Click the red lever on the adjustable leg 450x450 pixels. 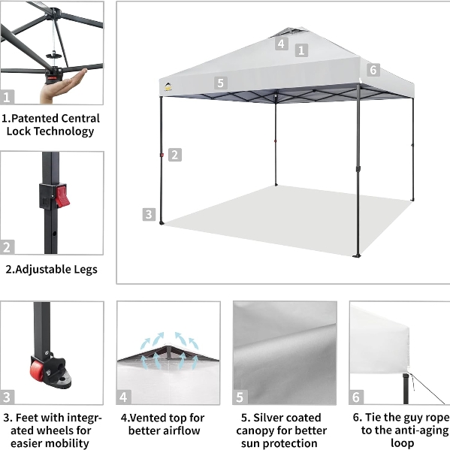click(62, 196)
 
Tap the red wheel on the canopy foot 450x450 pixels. click(37, 370)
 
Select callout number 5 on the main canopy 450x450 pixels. click(221, 83)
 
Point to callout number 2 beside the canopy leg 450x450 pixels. click(175, 155)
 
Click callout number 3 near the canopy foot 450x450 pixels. click(149, 214)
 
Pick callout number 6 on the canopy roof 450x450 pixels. click(373, 70)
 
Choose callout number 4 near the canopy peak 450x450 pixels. click(282, 44)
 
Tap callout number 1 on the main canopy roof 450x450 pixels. click(301, 50)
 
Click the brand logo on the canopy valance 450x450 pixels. click(168, 86)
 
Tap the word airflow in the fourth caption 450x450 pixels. click(182, 430)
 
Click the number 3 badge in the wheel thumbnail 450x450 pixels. click(7, 397)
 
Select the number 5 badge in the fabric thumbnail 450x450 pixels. click(240, 397)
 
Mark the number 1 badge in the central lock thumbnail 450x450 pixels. click(7, 97)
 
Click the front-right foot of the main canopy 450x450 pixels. click(358, 255)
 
